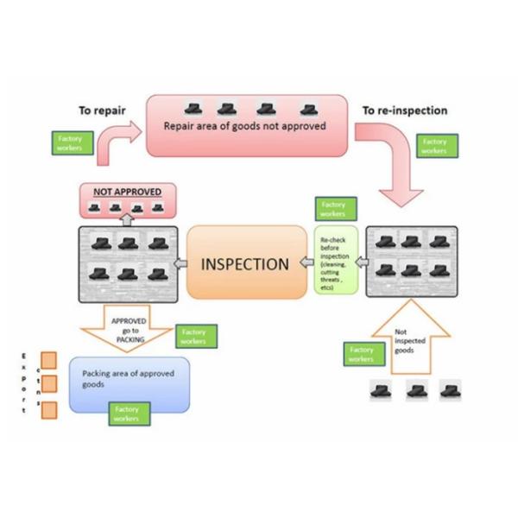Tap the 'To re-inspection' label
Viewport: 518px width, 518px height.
click(404, 111)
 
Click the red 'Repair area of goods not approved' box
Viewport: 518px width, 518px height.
click(246, 125)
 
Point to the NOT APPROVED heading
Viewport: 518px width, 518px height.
click(127, 192)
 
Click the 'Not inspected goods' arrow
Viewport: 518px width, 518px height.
click(410, 340)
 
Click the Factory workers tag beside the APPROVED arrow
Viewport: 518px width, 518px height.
click(195, 336)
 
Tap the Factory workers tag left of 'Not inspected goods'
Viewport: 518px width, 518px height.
click(362, 354)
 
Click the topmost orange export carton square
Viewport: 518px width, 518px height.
click(49, 360)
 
